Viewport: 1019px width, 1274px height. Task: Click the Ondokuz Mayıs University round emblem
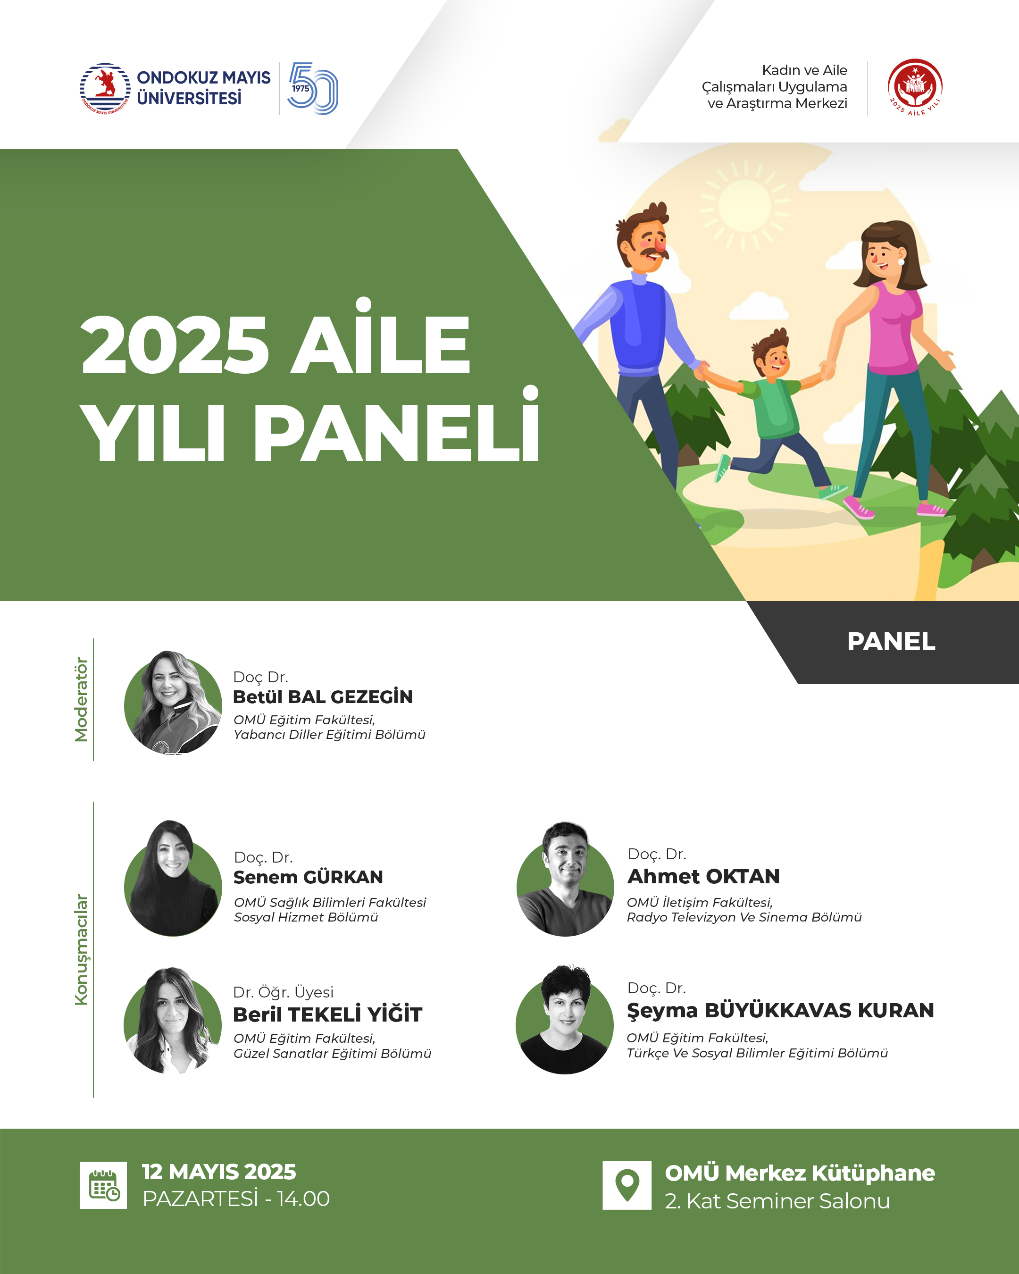point(105,89)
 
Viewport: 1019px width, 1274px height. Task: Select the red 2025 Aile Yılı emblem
point(915,87)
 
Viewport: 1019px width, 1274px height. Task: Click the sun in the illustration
point(745,205)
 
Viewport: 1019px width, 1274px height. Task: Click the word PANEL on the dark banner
point(891,642)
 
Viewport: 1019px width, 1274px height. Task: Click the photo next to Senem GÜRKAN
point(173,878)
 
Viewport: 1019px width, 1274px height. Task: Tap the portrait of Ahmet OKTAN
point(565,879)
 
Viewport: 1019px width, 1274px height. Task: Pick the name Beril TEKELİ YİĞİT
point(327,1014)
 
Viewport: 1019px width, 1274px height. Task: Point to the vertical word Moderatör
point(81,700)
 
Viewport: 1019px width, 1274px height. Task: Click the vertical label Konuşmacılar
point(81,949)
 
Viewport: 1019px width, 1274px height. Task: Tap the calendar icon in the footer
point(103,1185)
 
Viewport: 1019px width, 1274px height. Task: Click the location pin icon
point(627,1185)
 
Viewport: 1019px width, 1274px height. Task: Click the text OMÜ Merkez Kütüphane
point(800,1173)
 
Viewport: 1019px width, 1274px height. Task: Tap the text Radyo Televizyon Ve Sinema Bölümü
point(744,917)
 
